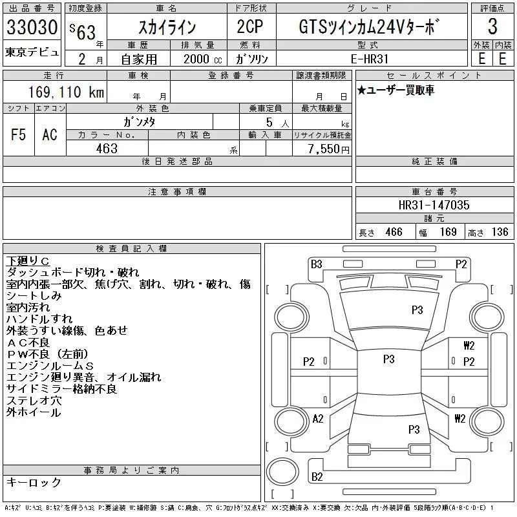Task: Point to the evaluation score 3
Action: [x=492, y=27]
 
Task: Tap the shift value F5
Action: [x=18, y=134]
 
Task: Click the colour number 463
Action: [x=106, y=149]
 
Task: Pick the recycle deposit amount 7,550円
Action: [x=329, y=149]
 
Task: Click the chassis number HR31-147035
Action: [x=434, y=205]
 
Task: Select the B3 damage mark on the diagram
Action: [x=316, y=264]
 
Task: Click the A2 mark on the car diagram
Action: [x=317, y=418]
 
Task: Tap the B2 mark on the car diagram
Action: [x=317, y=477]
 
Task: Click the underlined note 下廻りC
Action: [x=28, y=261]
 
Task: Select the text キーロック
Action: [x=34, y=483]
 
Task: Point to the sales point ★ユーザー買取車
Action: [x=396, y=90]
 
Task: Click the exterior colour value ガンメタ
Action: [x=139, y=121]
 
